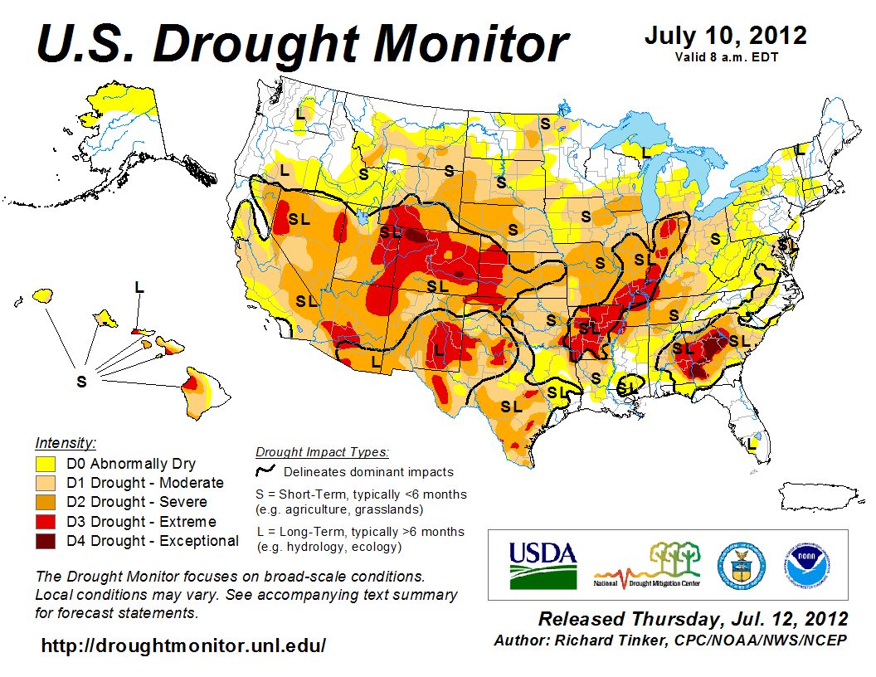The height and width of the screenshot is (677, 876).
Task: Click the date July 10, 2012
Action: click(x=725, y=36)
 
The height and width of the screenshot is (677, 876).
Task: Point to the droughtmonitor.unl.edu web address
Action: click(x=183, y=645)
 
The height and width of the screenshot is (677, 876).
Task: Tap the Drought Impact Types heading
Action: click(x=322, y=452)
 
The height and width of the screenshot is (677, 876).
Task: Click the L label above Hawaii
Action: click(x=139, y=287)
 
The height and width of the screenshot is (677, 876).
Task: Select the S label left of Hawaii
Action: click(x=81, y=382)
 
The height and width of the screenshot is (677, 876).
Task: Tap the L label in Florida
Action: click(x=752, y=444)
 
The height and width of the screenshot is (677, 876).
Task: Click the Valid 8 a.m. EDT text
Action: click(x=726, y=57)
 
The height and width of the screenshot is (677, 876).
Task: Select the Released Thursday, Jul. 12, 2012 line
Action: click(x=693, y=619)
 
